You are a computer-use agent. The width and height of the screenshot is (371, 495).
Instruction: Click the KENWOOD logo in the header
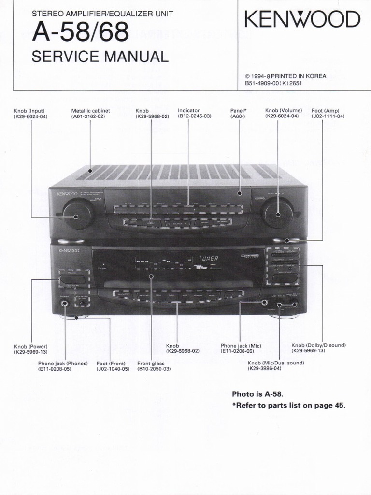[302, 20]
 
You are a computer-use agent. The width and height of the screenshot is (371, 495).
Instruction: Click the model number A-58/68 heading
[80, 33]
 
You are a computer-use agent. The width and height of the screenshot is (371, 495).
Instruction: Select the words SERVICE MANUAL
[100, 57]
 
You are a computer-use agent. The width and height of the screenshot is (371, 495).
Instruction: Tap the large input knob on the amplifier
[78, 215]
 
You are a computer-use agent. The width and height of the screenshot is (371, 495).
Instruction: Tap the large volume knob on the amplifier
[277, 213]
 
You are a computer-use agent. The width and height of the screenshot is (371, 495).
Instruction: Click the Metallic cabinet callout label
[90, 114]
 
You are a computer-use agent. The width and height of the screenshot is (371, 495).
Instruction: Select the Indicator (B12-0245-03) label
[195, 114]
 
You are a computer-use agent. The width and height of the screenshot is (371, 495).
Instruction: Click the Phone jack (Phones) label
[63, 366]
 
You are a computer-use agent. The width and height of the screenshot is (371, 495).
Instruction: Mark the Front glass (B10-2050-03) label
[154, 366]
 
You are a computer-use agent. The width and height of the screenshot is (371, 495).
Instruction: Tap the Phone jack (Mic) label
[241, 349]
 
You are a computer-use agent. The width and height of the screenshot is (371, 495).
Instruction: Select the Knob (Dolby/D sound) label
[318, 348]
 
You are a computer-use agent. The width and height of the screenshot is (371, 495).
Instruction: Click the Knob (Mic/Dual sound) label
[276, 365]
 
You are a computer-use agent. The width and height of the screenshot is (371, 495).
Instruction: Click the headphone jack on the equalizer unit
[64, 304]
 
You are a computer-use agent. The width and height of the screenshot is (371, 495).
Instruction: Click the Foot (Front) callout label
[113, 366]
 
